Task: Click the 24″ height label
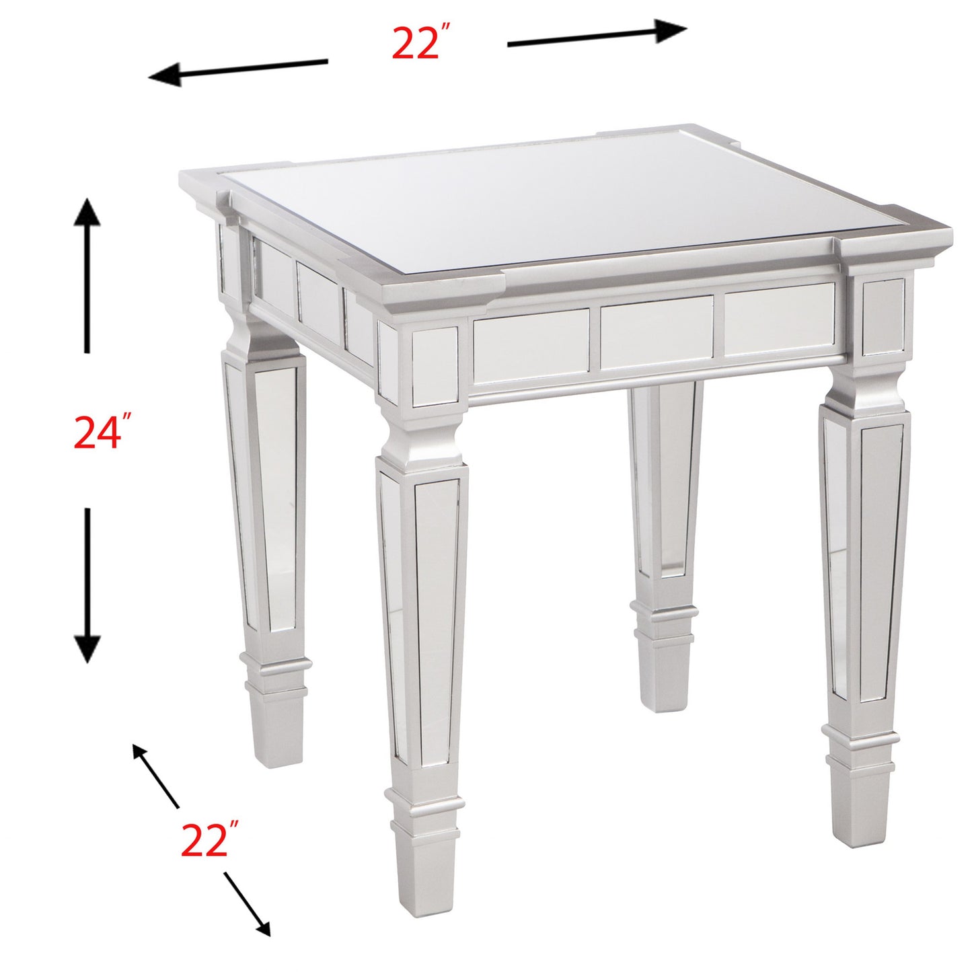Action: (x=102, y=432)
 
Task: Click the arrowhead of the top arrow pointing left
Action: (x=165, y=74)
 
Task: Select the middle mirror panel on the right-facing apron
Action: (x=656, y=332)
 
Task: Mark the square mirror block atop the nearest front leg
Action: (x=435, y=367)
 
